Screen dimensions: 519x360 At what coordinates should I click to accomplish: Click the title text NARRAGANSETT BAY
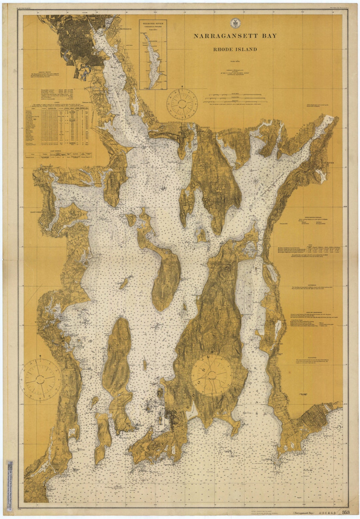[x=235, y=36]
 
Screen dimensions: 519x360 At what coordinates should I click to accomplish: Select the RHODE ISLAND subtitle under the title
[x=235, y=49]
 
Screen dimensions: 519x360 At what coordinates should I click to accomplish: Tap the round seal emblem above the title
[x=235, y=23]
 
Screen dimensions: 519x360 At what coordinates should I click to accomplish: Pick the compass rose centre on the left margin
[x=40, y=379]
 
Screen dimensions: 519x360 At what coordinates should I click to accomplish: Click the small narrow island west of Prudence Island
[x=124, y=284]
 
